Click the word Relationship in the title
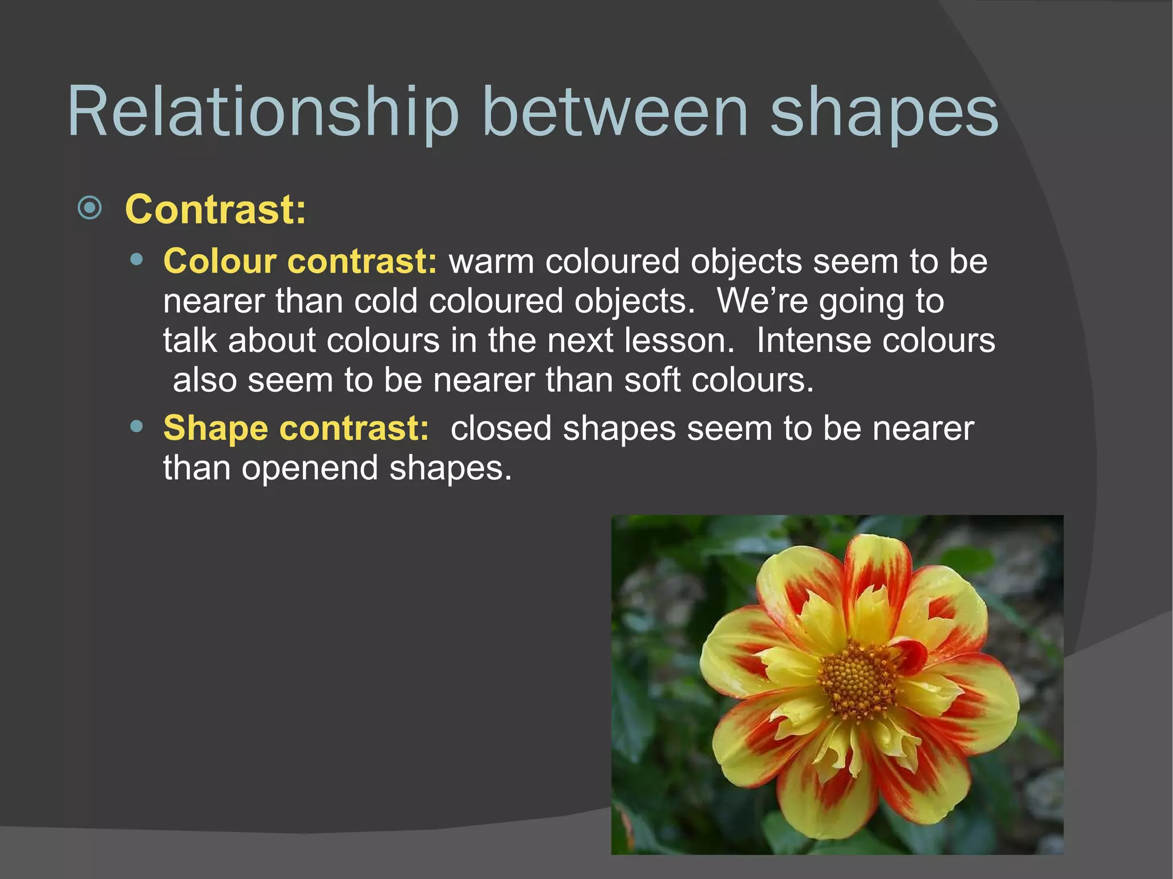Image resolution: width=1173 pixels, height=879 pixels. pyautogui.click(x=263, y=112)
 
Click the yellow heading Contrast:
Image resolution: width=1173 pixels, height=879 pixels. pyautogui.click(x=216, y=210)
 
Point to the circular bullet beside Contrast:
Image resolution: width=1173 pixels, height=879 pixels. pyautogui.click(x=89, y=208)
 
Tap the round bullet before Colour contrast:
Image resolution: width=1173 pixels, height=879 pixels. pyautogui.click(x=136, y=260)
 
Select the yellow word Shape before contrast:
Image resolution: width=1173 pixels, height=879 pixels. pyautogui.click(x=215, y=428)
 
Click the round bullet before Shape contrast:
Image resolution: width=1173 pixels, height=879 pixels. pyautogui.click(x=136, y=427)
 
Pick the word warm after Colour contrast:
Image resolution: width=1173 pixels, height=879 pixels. pyautogui.click(x=491, y=262)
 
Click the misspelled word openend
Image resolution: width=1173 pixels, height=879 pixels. pyautogui.click(x=310, y=468)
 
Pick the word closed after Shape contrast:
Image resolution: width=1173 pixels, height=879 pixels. pyautogui.click(x=501, y=428)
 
